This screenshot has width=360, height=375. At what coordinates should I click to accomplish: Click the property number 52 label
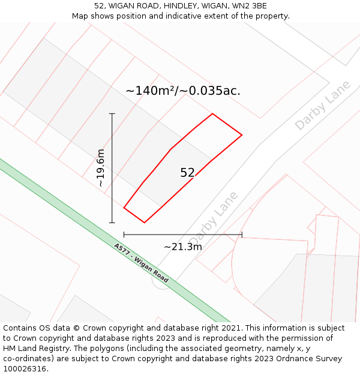point(188,173)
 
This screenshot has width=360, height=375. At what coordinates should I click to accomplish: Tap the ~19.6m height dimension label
point(101,168)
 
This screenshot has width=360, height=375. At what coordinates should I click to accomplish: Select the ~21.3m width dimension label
point(183,246)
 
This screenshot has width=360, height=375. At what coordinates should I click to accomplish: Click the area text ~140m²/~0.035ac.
point(183,91)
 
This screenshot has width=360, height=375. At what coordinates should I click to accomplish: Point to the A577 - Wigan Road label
point(141,263)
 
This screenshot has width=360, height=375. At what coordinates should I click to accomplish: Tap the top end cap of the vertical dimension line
point(112,113)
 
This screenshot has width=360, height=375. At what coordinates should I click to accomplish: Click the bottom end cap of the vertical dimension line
point(112,223)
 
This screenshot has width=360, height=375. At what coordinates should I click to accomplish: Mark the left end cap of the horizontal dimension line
point(124,235)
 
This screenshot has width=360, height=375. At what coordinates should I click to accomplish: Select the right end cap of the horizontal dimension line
point(242,235)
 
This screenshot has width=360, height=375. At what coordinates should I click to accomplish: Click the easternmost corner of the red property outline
point(242,135)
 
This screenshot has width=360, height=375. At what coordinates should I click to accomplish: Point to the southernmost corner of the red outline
point(144,223)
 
